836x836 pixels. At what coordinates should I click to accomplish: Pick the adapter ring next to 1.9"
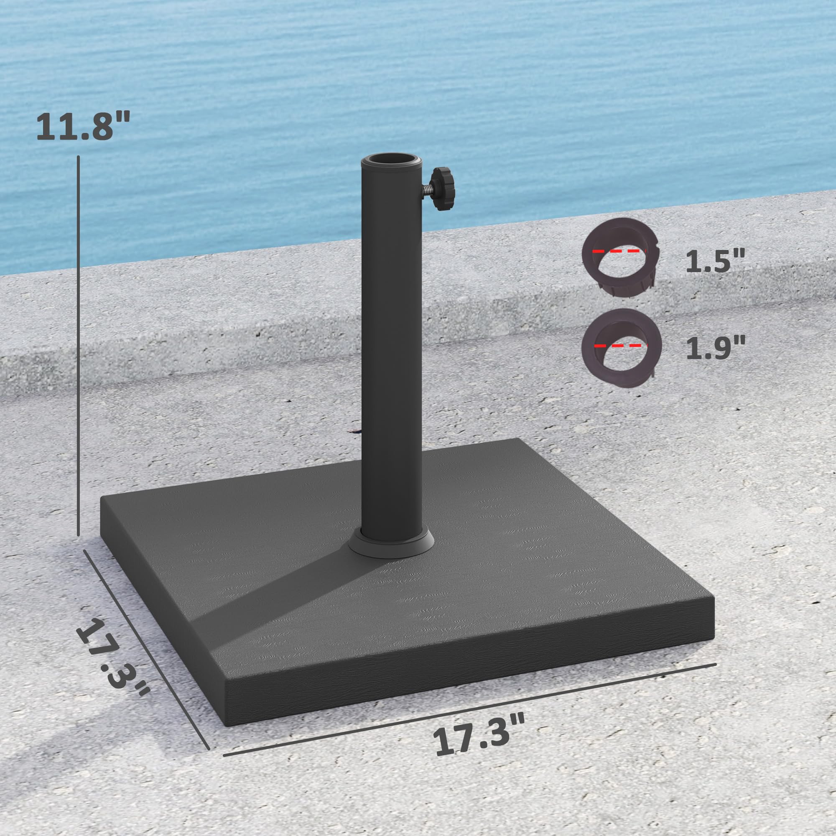622,349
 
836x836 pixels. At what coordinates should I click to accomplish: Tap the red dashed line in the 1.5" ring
619,251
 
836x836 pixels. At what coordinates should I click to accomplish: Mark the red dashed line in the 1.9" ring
618,345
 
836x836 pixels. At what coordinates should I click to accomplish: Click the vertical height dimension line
78,346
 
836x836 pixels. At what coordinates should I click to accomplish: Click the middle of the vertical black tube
391,346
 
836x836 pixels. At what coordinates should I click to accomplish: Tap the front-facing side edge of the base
467,684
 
